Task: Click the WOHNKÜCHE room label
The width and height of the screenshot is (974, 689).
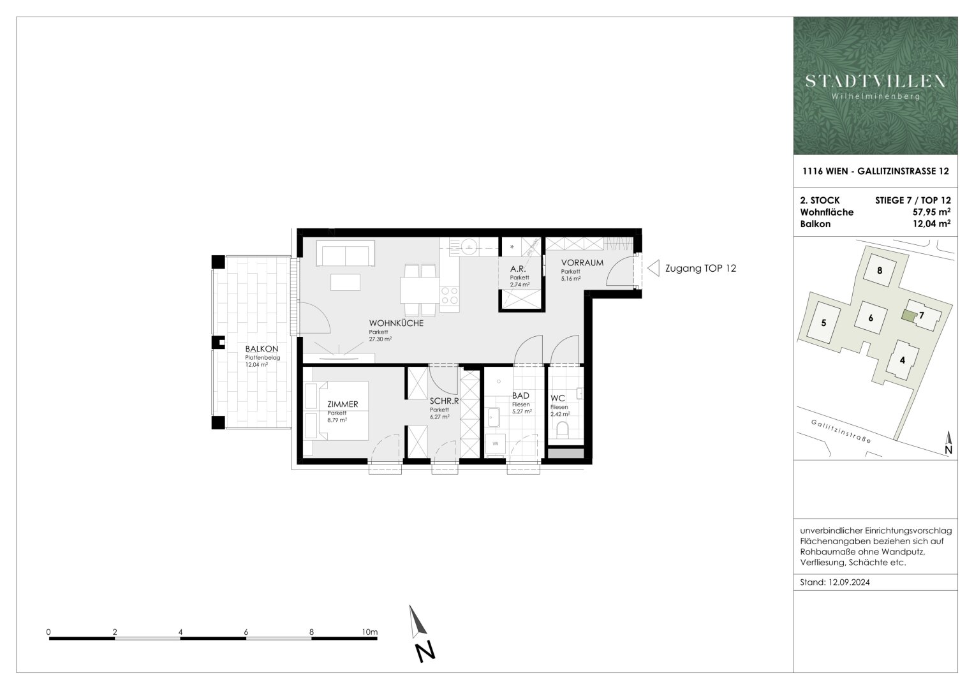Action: pyautogui.click(x=395, y=323)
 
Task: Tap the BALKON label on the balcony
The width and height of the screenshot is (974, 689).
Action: pyautogui.click(x=262, y=349)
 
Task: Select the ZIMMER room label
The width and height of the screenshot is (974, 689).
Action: pyautogui.click(x=343, y=404)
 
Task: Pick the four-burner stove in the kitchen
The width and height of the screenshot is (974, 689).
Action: pyautogui.click(x=449, y=299)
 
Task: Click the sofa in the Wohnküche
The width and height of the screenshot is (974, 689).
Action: pyautogui.click(x=347, y=255)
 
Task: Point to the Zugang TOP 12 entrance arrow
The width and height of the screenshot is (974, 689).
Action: pyautogui.click(x=653, y=269)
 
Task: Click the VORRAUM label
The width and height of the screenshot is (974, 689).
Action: pyautogui.click(x=582, y=263)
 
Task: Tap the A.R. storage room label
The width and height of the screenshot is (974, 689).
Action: pyautogui.click(x=517, y=269)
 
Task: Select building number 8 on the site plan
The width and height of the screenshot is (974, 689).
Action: pyautogui.click(x=880, y=270)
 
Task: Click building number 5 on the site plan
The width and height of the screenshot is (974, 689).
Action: pyautogui.click(x=823, y=323)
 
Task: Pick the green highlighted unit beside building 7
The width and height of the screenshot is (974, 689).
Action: pyautogui.click(x=908, y=315)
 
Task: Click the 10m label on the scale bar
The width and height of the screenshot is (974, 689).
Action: pyautogui.click(x=369, y=632)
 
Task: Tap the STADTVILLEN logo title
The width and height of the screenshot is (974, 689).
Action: pyautogui.click(x=875, y=81)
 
